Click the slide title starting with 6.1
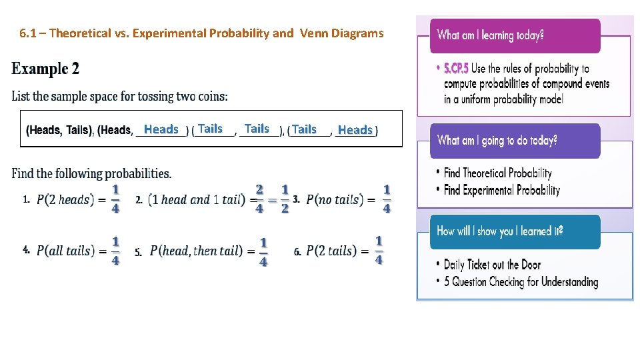pyautogui.click(x=201, y=33)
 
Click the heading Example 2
pyautogui.click(x=45, y=69)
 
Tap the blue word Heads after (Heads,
pyautogui.click(x=161, y=129)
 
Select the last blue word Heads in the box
pyautogui.click(x=355, y=130)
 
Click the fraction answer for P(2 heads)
pyautogui.click(x=115, y=199)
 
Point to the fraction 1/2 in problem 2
pyautogui.click(x=285, y=199)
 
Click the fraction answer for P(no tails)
pyautogui.click(x=387, y=199)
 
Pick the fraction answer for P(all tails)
pyautogui.click(x=115, y=251)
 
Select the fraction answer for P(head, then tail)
pyautogui.click(x=263, y=252)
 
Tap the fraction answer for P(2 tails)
pyautogui.click(x=379, y=250)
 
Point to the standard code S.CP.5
pyautogui.click(x=456, y=69)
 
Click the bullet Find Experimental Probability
pyautogui.click(x=501, y=190)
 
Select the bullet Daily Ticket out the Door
pyautogui.click(x=492, y=265)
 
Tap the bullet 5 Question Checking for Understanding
pyautogui.click(x=521, y=282)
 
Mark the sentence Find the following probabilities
pyautogui.click(x=91, y=174)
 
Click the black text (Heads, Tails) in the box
pyautogui.click(x=59, y=131)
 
